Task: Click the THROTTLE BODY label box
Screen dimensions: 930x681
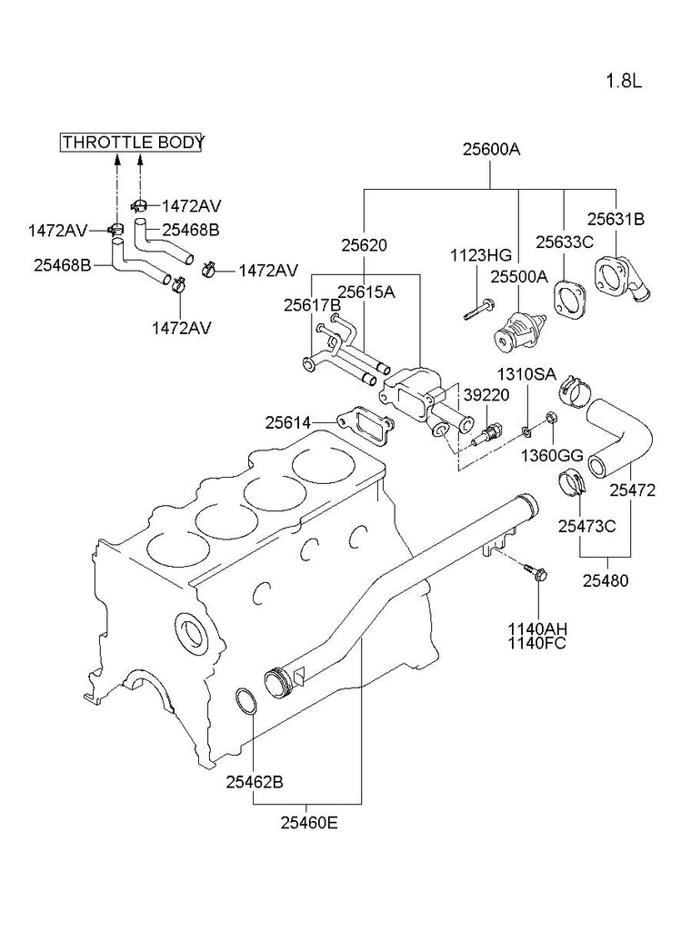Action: (x=133, y=143)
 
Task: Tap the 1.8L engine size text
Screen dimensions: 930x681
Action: (x=624, y=81)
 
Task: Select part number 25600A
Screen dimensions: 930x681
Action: (x=490, y=150)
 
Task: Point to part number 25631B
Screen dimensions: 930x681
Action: (x=615, y=218)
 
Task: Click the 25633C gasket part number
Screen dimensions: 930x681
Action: (x=564, y=242)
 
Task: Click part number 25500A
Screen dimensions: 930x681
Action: (x=520, y=276)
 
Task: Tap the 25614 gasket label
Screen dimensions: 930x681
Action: (x=287, y=422)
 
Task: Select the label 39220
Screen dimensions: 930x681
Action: (x=486, y=396)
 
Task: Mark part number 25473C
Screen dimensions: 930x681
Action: (x=586, y=525)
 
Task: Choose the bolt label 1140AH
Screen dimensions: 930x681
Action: (x=537, y=628)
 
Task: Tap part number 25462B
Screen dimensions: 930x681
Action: (x=255, y=781)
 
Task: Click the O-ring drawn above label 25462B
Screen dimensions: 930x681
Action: (x=245, y=702)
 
